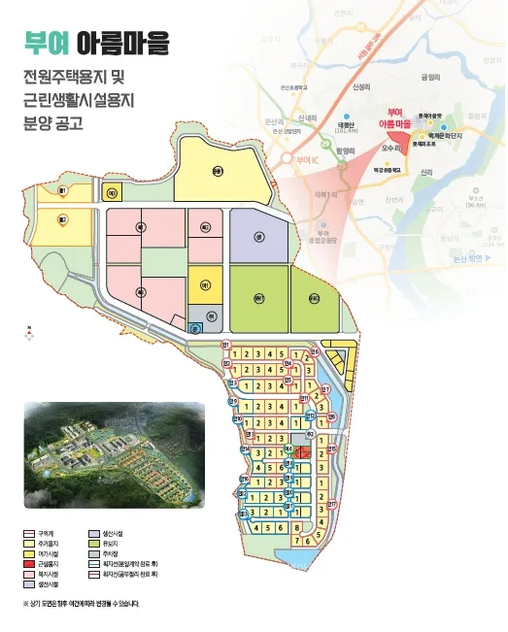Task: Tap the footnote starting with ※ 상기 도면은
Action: (82, 603)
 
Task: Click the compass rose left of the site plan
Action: (29, 331)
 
